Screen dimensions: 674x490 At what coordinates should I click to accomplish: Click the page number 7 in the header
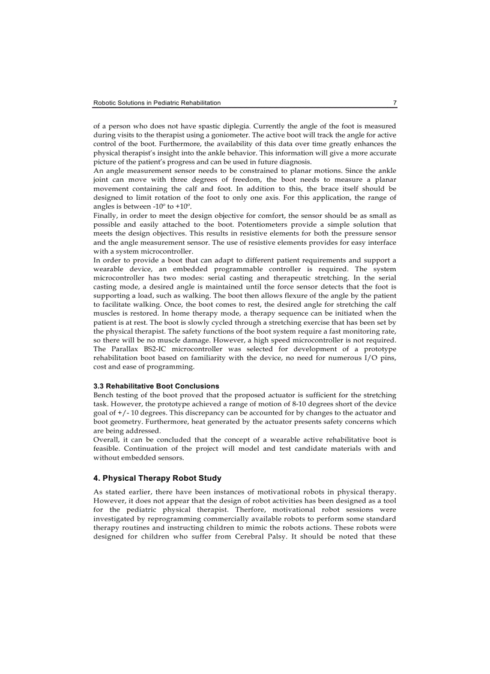395,103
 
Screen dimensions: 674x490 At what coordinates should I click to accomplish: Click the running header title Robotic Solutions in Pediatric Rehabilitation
157,103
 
